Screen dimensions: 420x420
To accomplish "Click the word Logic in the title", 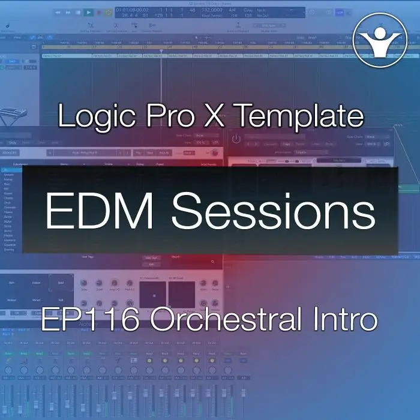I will (96, 116).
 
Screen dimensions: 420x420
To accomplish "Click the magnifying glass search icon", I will (212, 262).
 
